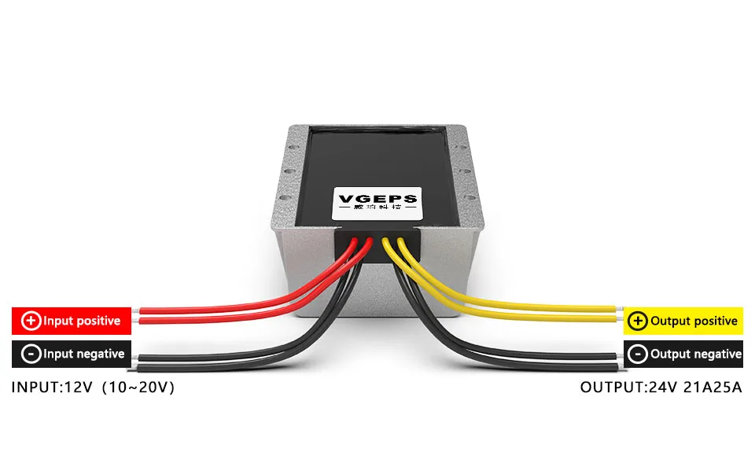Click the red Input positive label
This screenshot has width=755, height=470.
[71, 321]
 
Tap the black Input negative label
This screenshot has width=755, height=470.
[71, 354]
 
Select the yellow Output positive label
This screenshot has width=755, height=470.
[683, 321]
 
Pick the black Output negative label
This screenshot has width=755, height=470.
[683, 354]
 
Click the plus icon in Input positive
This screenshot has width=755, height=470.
[31, 321]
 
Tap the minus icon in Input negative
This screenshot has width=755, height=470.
[31, 354]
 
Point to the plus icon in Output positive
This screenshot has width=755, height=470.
[638, 321]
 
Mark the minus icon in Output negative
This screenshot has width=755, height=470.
[638, 354]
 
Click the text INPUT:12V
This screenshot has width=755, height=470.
[52, 387]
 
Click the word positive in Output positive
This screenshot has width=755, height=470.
[713, 321]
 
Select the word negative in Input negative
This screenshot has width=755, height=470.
[99, 354]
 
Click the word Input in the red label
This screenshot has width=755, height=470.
[57, 321]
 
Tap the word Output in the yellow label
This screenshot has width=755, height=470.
[669, 321]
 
